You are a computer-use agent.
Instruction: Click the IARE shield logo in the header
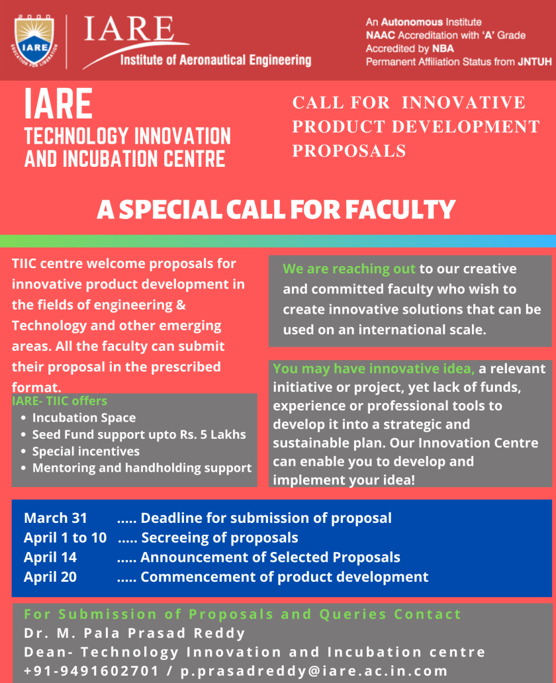(34, 40)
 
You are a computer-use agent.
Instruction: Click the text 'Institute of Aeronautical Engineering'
(215, 60)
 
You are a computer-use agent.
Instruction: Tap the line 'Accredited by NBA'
(410, 48)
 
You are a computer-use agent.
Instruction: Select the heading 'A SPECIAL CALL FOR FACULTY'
(276, 210)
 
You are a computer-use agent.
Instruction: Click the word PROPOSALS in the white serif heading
(349, 151)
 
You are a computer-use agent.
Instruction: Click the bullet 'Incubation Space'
(83, 418)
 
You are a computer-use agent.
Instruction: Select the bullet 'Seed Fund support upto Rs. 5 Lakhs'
(139, 435)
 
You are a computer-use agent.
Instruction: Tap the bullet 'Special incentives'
(86, 451)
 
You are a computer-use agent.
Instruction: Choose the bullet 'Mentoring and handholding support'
(142, 468)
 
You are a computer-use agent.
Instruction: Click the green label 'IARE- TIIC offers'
(60, 400)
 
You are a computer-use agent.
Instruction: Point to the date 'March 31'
(55, 518)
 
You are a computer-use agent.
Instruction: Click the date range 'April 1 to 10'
(65, 537)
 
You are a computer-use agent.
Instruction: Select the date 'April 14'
(50, 557)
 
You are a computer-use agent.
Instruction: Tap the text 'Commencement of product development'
(284, 576)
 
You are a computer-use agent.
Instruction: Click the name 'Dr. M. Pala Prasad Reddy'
(134, 633)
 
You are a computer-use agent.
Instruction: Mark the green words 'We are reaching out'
(349, 269)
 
